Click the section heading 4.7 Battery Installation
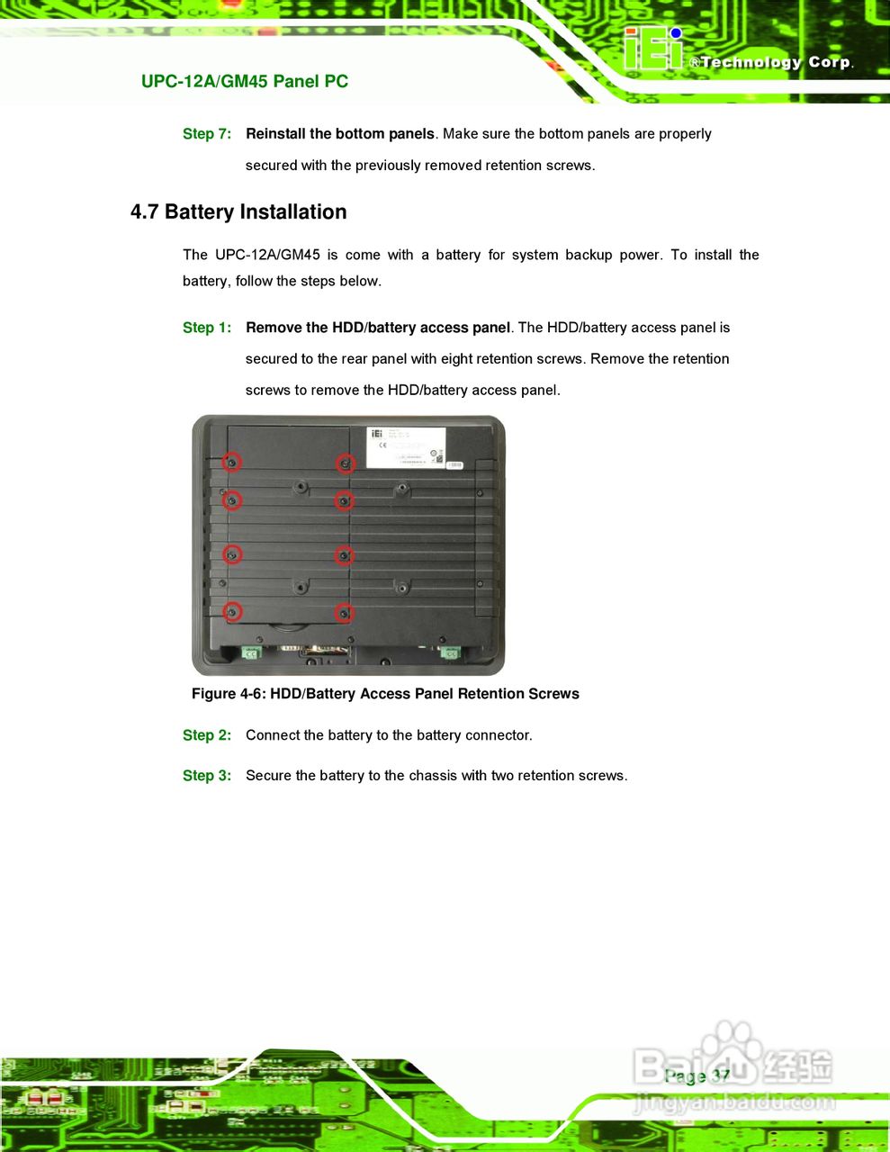click(x=238, y=212)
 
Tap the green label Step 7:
click(x=206, y=134)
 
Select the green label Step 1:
click(x=206, y=328)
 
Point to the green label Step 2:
click(x=206, y=735)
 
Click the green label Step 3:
click(x=206, y=776)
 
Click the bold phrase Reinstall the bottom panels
click(x=340, y=134)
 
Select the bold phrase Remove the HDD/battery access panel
click(x=378, y=328)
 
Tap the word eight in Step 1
click(x=457, y=359)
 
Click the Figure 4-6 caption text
click(x=385, y=694)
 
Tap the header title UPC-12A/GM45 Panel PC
click(x=245, y=82)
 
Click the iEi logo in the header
click(x=653, y=49)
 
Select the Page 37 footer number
click(x=697, y=1076)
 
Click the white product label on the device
click(x=406, y=447)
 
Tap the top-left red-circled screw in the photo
click(x=232, y=462)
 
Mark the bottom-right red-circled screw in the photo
click(x=344, y=614)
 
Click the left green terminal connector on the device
click(x=251, y=652)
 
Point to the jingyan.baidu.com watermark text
click(x=733, y=1102)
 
